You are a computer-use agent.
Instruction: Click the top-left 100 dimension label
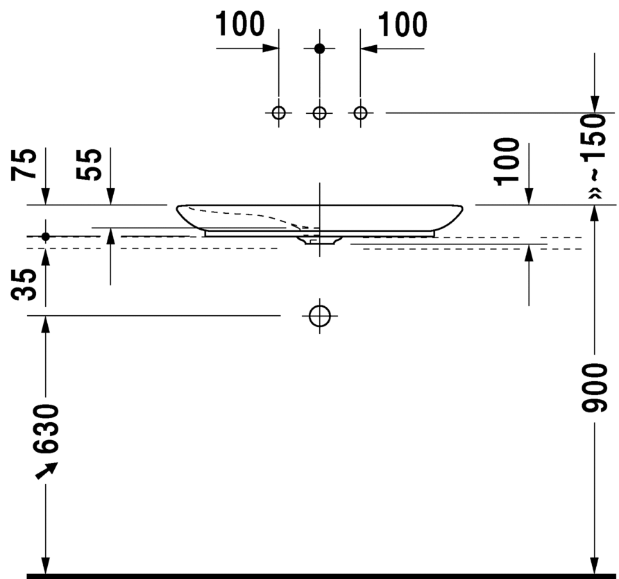(240, 24)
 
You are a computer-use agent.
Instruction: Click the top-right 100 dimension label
(402, 24)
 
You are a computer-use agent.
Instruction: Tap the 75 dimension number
(24, 165)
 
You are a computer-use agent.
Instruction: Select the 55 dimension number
(89, 165)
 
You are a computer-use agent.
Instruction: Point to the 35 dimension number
(24, 285)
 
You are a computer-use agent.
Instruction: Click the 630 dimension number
(46, 429)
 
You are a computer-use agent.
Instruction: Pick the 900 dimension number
(594, 388)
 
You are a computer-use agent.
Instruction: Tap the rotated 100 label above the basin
(507, 161)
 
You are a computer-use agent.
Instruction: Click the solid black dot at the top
(320, 49)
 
